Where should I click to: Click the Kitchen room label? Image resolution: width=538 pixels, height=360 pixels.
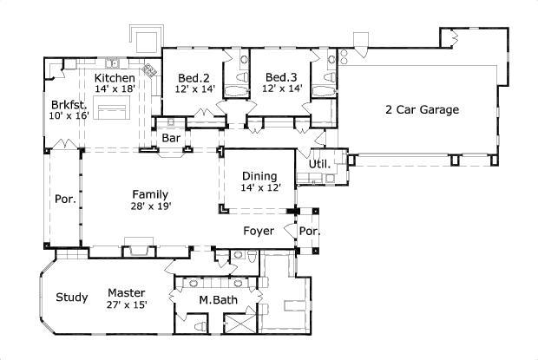click(x=115, y=76)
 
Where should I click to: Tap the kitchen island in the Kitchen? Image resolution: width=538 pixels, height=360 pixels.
click(x=112, y=110)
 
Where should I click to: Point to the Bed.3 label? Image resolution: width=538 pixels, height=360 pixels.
click(x=282, y=75)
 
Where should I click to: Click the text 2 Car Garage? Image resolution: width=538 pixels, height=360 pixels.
click(x=422, y=110)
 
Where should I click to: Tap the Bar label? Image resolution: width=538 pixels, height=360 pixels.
click(x=171, y=137)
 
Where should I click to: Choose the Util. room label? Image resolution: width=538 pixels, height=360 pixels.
click(x=318, y=163)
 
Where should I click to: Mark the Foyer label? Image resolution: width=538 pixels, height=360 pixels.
click(x=259, y=232)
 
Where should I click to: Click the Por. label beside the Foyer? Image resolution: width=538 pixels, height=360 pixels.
click(x=309, y=232)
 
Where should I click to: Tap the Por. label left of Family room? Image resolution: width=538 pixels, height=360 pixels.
click(x=63, y=198)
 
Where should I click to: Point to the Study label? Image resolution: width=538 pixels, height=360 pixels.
click(x=72, y=298)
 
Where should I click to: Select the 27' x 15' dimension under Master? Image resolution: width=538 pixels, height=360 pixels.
click(x=127, y=304)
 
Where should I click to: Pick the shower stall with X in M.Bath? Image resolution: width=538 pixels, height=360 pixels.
click(x=243, y=326)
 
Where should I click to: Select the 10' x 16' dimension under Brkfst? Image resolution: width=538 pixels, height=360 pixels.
click(x=69, y=115)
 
